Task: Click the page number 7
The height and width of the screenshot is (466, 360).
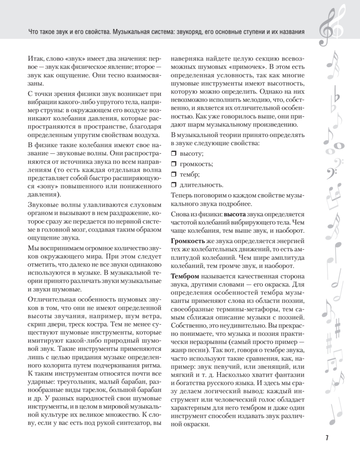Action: pos(327,438)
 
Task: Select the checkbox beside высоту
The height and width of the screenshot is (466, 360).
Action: pos(174,154)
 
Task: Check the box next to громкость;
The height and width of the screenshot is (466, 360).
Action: pos(174,164)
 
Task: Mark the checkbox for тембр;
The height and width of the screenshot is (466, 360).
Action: pos(174,174)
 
